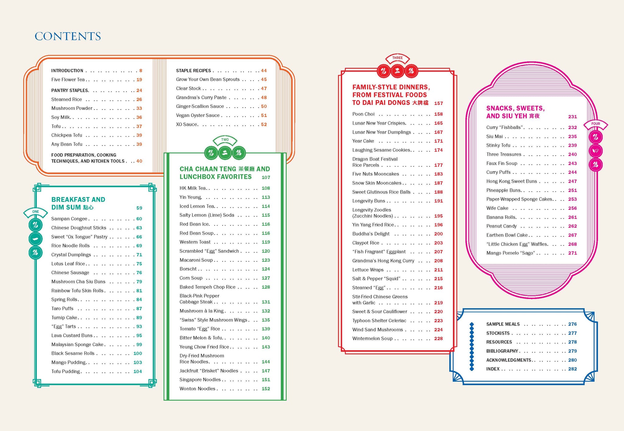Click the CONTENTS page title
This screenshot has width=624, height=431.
(68, 36)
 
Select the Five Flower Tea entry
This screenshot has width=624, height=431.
(68, 80)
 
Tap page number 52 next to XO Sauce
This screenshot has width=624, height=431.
(264, 124)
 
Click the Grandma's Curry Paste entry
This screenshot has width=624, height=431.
(201, 98)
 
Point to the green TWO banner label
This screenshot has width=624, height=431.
(225, 140)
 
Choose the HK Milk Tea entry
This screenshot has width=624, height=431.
(193, 188)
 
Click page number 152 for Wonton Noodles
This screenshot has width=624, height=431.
(266, 389)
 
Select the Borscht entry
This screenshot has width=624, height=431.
(188, 269)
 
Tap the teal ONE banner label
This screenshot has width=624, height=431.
(36, 211)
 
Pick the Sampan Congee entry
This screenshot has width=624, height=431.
(69, 219)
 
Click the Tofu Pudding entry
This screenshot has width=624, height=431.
(66, 372)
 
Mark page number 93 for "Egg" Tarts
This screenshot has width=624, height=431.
(139, 326)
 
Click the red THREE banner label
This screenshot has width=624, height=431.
(397, 58)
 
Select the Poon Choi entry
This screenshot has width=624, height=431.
(363, 114)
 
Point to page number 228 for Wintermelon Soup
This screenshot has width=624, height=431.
(438, 339)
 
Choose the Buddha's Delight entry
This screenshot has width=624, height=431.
(371, 234)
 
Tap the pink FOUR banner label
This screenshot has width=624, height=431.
(595, 124)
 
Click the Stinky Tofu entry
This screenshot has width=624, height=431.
(498, 145)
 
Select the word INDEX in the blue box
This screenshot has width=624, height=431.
(493, 369)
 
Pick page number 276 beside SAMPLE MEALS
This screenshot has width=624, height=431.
(573, 324)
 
